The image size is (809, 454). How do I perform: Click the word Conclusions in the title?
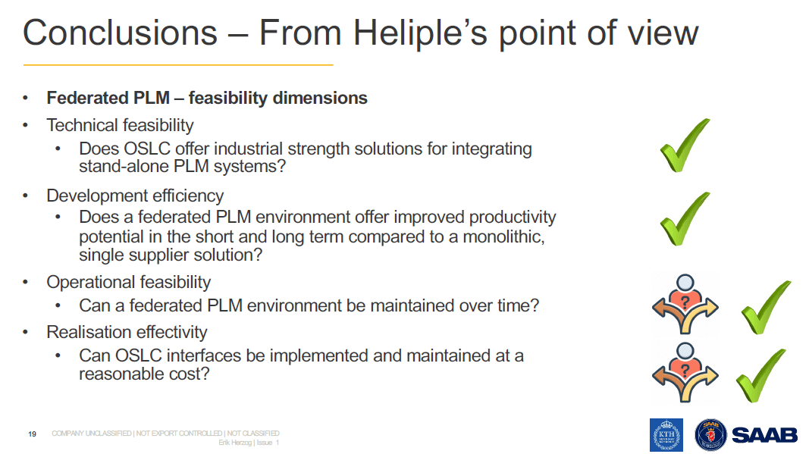coord(121,33)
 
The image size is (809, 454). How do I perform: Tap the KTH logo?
coord(666,435)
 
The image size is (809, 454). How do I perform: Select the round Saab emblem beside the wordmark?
coord(711,435)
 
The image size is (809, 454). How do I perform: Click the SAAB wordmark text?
coord(764,435)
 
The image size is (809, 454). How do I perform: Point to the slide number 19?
coord(32,434)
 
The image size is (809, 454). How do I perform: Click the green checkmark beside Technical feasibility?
coord(685,145)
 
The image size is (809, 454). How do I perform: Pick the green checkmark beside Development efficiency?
coord(685,219)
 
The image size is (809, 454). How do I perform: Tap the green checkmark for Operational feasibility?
coord(767,308)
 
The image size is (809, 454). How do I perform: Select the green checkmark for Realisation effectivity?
coord(761,376)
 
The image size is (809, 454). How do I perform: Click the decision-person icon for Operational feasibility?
coord(685,304)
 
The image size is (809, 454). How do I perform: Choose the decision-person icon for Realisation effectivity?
coord(685,372)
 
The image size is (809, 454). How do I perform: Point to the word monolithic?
coord(503,236)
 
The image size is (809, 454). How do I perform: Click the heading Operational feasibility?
coord(128,282)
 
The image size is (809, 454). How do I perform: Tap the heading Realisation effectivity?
coord(127,332)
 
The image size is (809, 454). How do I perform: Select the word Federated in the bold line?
coord(82,98)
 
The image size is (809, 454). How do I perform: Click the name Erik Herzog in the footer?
coord(235,443)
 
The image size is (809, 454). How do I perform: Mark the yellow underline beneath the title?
coord(178,65)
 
